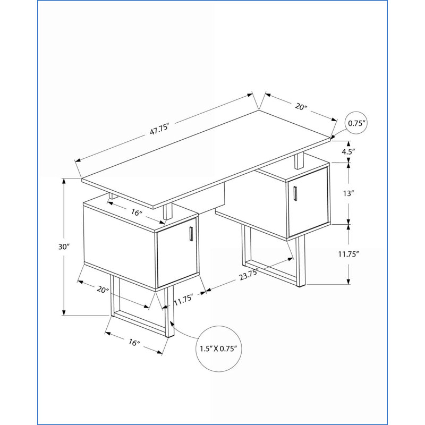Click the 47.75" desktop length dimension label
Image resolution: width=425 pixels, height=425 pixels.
(160, 128)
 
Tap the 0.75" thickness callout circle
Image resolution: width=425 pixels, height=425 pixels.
(357, 112)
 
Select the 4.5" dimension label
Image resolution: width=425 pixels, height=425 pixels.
(348, 151)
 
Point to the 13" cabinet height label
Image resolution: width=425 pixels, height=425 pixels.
(348, 193)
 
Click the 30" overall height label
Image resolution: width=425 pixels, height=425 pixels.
(64, 247)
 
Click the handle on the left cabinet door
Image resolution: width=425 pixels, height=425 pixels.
(191, 234)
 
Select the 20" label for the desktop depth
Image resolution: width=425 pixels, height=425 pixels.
(301, 107)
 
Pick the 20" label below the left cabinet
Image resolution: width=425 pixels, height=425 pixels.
(103, 290)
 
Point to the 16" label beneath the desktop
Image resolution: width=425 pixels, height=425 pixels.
(137, 212)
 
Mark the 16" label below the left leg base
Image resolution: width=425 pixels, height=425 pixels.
(134, 342)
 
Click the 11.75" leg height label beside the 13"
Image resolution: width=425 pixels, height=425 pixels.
(348, 254)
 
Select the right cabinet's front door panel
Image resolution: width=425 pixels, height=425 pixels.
(308, 202)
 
